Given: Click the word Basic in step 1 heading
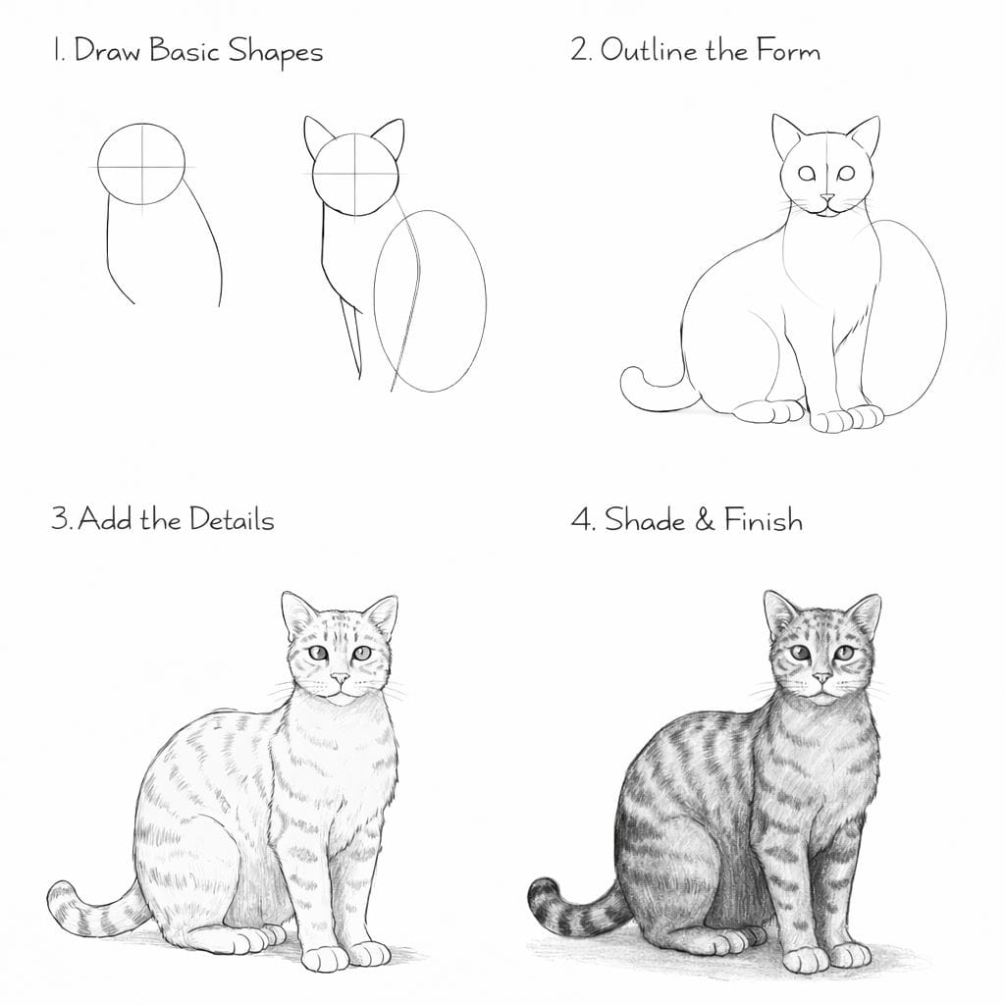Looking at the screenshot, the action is pos(185,51).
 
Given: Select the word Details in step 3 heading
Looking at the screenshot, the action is pos(232,519).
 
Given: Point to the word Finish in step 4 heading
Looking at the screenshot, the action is pos(764,518).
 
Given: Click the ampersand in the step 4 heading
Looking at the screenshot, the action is pos(704,519).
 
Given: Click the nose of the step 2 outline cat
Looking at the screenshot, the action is pos(828,198).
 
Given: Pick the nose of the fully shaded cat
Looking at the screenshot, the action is pos(822,677).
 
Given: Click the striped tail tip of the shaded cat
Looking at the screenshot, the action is pos(544,893).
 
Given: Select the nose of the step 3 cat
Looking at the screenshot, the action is pos(341,677).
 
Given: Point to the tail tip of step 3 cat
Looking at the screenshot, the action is pos(62,897).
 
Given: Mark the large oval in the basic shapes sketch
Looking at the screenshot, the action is pos(430,300).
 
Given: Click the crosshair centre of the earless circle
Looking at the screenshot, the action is pos(141,167).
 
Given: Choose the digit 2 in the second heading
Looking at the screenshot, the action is pos(579,50).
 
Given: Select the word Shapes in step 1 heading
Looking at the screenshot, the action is pos(276,51).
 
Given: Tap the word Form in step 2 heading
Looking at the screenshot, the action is pos(788,50).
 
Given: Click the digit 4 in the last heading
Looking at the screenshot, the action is pos(580,519).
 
